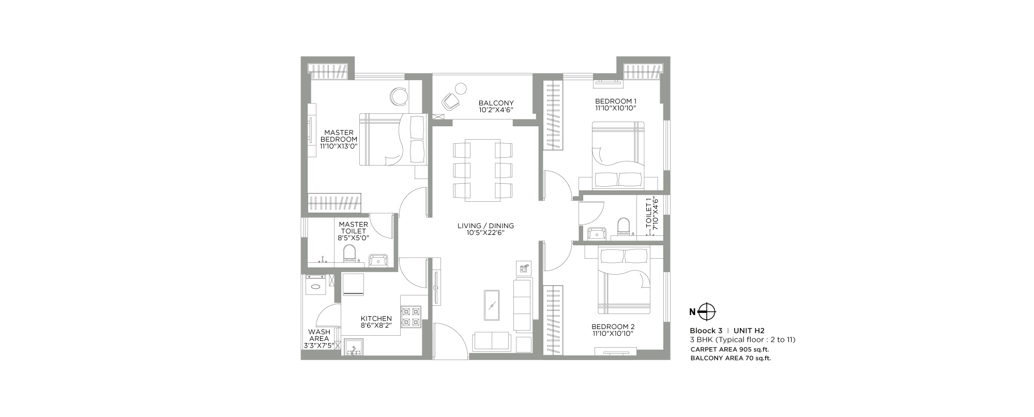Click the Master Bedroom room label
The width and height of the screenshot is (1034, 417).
coord(339,136)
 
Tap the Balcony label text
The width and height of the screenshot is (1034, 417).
coord(496,103)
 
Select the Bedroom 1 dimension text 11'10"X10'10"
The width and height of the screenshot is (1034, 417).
coord(615,108)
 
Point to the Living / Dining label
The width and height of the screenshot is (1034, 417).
coord(485,226)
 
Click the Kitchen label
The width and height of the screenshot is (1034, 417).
coord(376,319)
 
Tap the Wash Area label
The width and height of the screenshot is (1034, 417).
coord(319,335)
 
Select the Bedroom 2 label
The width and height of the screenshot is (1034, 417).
coord(613,326)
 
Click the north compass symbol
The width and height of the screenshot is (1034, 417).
coord(707,312)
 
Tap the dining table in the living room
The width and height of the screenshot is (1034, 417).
coord(482,170)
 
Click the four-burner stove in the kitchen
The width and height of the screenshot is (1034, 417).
coord(411,317)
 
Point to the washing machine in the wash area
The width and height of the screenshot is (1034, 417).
coord(315,285)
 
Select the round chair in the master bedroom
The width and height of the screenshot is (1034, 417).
coord(399,96)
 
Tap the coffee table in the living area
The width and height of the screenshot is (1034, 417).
coord(492,305)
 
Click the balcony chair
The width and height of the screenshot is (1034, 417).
coord(451,101)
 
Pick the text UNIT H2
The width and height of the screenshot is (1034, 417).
coord(749,331)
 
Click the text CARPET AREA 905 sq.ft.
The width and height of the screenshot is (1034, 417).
coord(729,349)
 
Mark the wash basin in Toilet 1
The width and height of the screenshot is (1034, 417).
coord(597,233)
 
